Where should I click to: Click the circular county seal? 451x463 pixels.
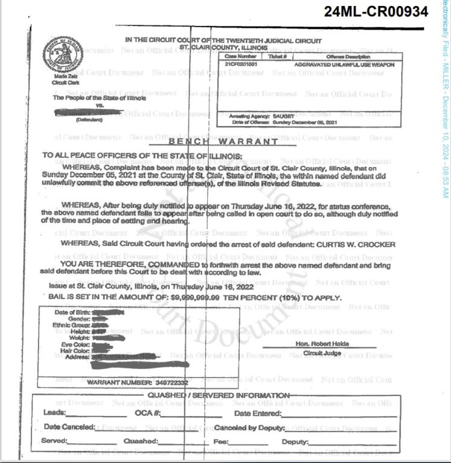coord(63,55)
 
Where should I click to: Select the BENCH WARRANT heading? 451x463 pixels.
coord(223,142)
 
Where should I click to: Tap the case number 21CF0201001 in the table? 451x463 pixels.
coord(237,63)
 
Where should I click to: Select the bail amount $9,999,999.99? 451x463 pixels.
coord(191,298)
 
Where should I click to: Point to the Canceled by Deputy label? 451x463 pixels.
coord(249,427)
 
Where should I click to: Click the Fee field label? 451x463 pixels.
coord(220,442)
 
